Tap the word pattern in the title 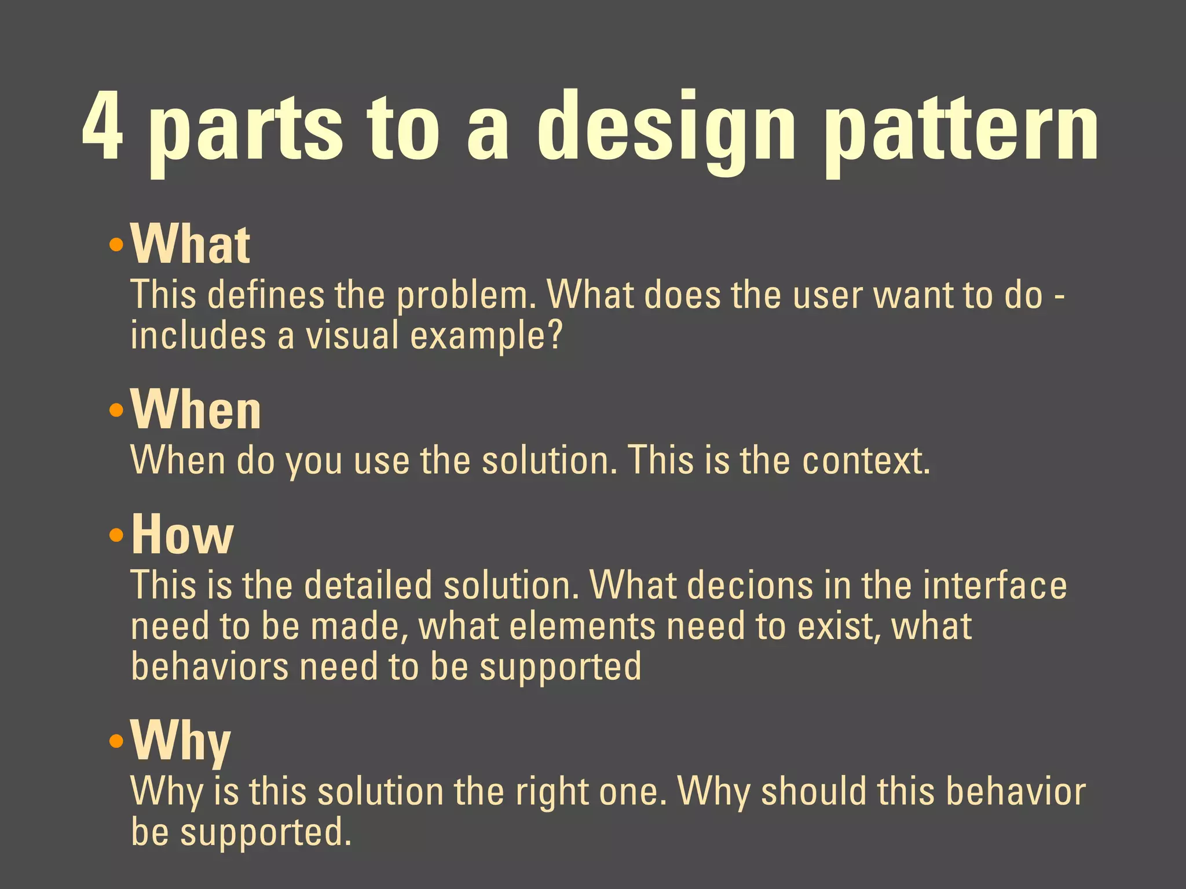961,130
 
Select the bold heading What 191,244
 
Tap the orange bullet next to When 116,411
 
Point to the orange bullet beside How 116,535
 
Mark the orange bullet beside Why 116,741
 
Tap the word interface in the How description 994,586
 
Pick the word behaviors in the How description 210,667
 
